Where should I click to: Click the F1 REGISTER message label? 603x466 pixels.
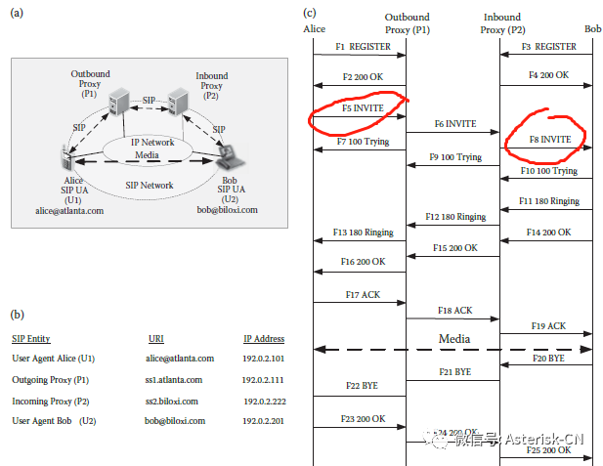(357, 46)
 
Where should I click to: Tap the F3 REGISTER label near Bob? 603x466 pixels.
(548, 46)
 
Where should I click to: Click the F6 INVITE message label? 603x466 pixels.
(454, 125)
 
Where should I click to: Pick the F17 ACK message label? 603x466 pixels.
(360, 294)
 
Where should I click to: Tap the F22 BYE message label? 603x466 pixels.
(360, 386)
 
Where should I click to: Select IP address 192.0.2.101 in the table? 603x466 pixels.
(264, 360)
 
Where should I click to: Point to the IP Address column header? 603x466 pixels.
(264, 339)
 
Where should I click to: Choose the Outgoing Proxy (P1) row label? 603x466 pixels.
(50, 380)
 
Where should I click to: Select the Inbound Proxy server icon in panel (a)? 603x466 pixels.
(178, 101)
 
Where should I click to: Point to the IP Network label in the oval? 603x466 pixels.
(152, 143)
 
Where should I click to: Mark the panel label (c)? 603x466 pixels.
(310, 12)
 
